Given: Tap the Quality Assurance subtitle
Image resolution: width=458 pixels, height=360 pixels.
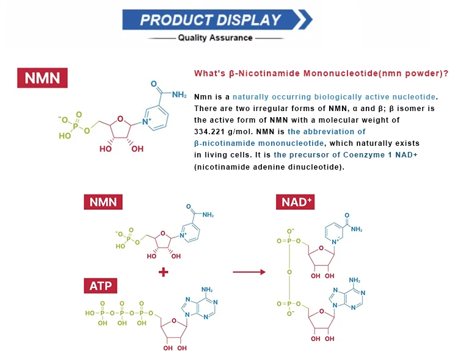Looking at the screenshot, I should tap(215, 38).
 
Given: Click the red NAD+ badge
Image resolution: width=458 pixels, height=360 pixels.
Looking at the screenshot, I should tap(297, 202).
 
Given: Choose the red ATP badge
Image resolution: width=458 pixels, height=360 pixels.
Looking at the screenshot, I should tap(101, 285).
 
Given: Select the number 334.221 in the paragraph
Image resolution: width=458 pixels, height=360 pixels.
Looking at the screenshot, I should tap(213, 120).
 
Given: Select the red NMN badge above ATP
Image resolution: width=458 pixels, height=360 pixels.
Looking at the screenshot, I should tap(103, 202).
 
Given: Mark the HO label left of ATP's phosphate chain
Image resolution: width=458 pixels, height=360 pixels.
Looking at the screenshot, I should tap(90, 312).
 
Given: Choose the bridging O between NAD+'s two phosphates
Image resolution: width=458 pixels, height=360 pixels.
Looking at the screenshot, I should tap(289, 272).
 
